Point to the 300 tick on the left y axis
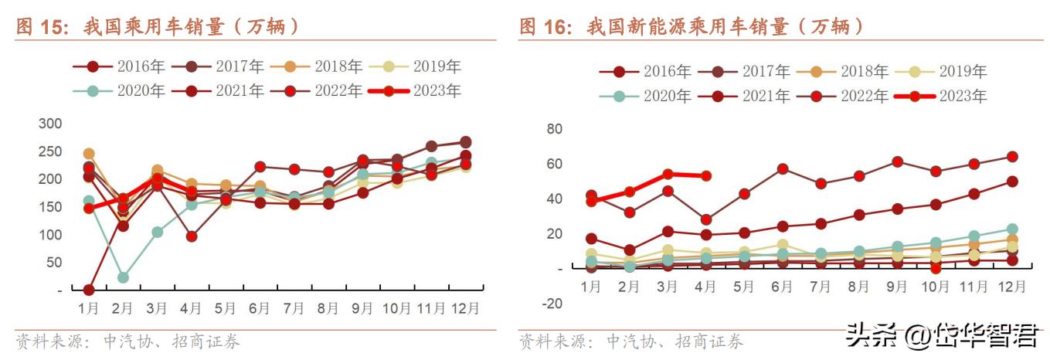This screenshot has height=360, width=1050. [x=49, y=124]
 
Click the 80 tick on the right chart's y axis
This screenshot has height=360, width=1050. [x=553, y=129]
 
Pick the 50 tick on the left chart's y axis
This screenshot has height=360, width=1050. [x=53, y=263]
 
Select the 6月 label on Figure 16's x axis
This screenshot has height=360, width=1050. [x=781, y=287]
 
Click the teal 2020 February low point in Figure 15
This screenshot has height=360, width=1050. [x=123, y=277]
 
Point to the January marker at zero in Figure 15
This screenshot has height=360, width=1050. [x=89, y=290]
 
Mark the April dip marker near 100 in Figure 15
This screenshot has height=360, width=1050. [x=191, y=236]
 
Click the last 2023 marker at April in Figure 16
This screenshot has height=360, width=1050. [x=705, y=176]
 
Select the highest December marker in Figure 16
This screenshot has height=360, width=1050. [x=1012, y=157]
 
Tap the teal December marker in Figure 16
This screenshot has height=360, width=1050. [x=1012, y=229]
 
